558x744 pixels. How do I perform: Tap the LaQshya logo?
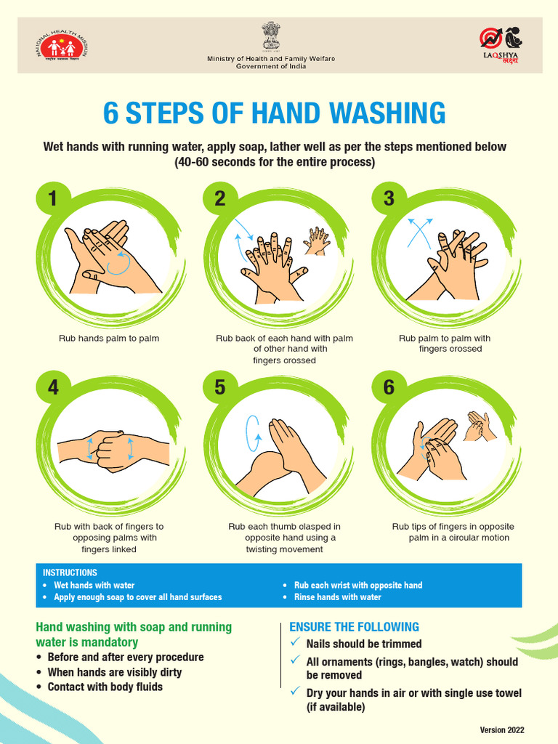(501, 45)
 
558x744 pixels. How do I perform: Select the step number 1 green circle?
(52, 198)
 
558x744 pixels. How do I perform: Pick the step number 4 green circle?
(52, 388)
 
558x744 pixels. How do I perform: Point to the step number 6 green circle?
(389, 388)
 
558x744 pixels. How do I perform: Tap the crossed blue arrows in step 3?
(419, 232)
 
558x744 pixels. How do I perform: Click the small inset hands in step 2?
(317, 240)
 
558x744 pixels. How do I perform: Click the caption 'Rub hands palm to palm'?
(109, 338)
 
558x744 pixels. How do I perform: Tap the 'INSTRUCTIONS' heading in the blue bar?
(70, 573)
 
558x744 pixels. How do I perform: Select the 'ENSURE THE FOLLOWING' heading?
(354, 627)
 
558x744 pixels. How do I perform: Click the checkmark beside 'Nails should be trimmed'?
(294, 643)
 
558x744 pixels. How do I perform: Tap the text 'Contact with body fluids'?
(105, 687)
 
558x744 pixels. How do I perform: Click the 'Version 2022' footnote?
(501, 730)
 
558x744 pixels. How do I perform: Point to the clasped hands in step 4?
(113, 450)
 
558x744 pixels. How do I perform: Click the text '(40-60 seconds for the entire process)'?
(275, 163)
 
